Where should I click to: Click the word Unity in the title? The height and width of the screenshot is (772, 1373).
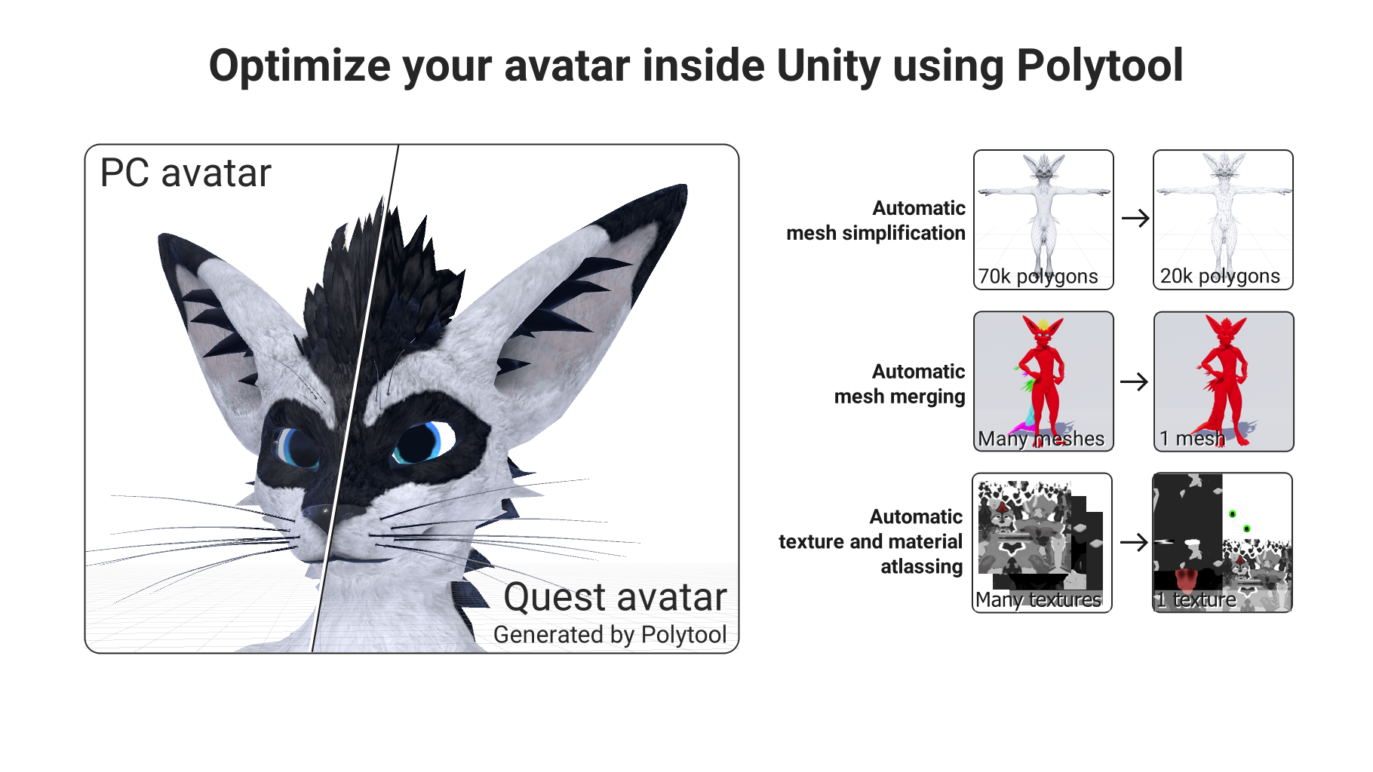(x=828, y=66)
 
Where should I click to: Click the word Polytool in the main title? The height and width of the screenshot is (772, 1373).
(x=1100, y=66)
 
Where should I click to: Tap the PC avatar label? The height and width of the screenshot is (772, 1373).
(x=186, y=173)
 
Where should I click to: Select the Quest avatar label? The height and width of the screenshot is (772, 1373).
(x=615, y=597)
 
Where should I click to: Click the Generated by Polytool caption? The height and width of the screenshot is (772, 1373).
(x=610, y=635)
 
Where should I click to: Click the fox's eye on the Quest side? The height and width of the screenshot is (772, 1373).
(x=422, y=443)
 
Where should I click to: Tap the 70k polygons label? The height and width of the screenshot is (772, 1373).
(x=1038, y=277)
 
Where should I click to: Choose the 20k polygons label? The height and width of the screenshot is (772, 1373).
(x=1220, y=277)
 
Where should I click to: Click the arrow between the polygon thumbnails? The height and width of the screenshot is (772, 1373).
(x=1135, y=219)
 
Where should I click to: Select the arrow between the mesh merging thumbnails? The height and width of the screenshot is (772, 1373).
(x=1134, y=381)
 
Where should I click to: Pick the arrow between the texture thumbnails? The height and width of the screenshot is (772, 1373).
(x=1134, y=542)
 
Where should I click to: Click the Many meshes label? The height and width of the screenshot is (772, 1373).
(x=1041, y=439)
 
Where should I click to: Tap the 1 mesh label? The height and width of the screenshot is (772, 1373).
(x=1192, y=439)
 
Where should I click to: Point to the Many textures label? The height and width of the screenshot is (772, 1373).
(x=1038, y=600)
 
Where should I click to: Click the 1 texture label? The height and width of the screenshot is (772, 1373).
(x=1196, y=600)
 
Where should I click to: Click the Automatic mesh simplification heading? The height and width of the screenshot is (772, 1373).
(x=876, y=220)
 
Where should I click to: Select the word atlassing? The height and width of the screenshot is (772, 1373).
(x=922, y=567)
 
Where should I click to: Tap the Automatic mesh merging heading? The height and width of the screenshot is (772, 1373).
(x=900, y=384)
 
